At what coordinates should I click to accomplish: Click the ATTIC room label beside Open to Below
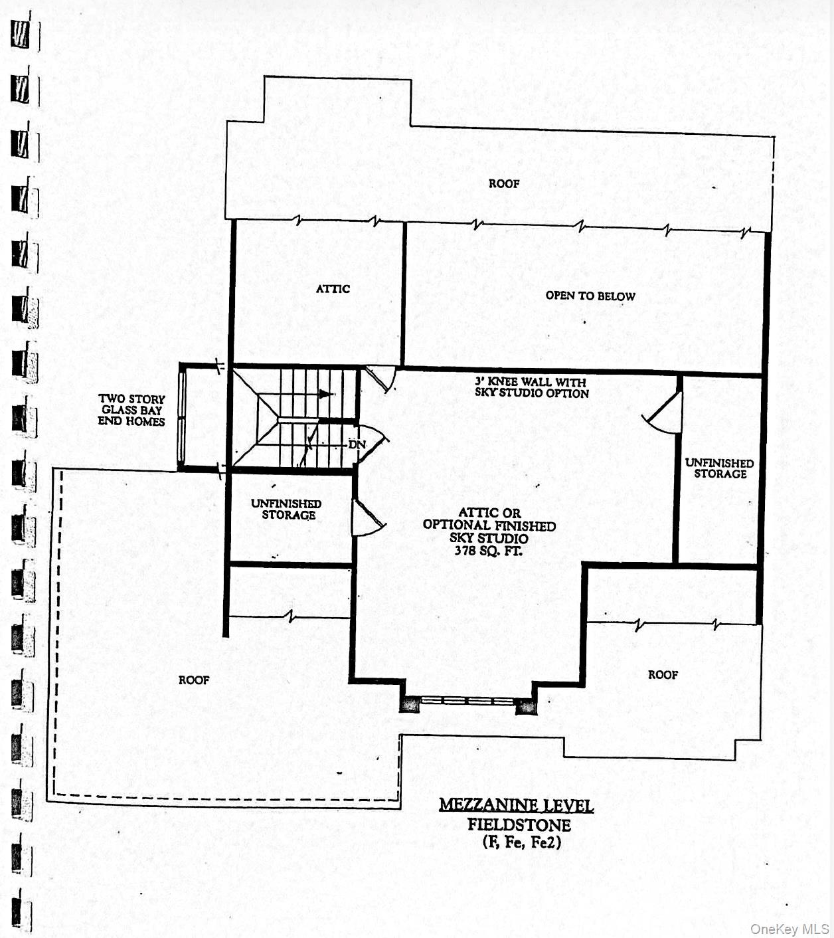333,289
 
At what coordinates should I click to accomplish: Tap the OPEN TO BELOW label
590,296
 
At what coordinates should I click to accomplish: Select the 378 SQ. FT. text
488,551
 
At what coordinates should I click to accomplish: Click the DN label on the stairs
357,444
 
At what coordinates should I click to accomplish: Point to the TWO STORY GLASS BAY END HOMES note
131,410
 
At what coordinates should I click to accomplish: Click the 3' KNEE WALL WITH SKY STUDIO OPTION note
531,387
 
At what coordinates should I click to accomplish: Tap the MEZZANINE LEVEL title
516,806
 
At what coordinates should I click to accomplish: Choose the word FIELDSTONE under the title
519,825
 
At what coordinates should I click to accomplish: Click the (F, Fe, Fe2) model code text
522,842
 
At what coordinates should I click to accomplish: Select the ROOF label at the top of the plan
504,184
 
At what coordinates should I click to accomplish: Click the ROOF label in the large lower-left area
194,680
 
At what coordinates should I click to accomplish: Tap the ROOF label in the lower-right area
663,675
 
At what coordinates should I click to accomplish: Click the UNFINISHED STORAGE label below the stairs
286,510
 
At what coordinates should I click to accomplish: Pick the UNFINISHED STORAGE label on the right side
720,468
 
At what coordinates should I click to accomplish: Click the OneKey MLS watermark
790,929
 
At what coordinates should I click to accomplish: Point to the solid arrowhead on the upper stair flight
326,394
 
